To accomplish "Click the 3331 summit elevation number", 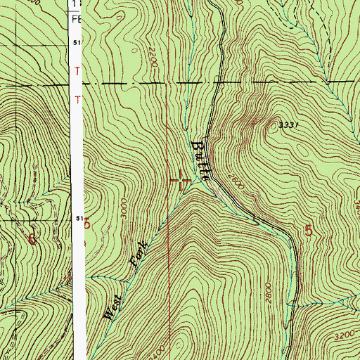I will point(289,124).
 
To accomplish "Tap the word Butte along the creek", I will point(202,157).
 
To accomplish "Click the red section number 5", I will point(309,230).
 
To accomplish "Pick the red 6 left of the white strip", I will point(32,238).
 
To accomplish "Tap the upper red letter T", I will point(78,71).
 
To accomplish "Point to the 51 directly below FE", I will point(76,44).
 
